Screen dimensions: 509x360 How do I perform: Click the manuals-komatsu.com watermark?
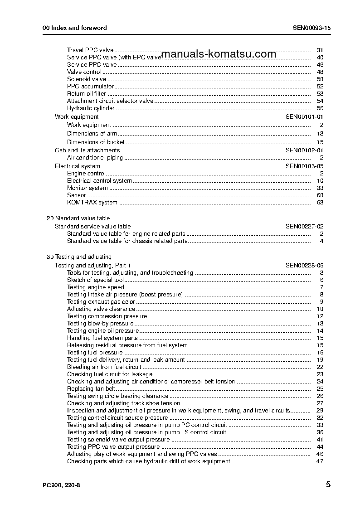(x=219, y=54)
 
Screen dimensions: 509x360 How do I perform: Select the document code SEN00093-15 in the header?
(x=311, y=28)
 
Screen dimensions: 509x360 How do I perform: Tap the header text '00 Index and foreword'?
(x=75, y=28)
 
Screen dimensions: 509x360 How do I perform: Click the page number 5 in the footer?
(x=328, y=485)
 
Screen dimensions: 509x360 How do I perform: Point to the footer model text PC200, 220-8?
(x=62, y=485)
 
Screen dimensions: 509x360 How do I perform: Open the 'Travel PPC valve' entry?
(x=90, y=50)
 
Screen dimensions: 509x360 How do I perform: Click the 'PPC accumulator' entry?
(x=90, y=87)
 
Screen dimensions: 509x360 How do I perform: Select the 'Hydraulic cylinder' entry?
(x=91, y=108)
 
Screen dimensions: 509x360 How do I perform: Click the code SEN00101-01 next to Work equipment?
(x=304, y=117)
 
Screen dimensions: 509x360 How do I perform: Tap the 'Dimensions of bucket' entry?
(x=92, y=142)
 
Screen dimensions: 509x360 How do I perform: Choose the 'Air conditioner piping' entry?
(x=95, y=158)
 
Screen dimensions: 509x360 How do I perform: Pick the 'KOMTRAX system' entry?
(x=92, y=203)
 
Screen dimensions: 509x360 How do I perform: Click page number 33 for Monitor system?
(x=320, y=188)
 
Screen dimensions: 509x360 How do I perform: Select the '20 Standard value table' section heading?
(x=78, y=218)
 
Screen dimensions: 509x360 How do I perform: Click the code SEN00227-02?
(x=304, y=227)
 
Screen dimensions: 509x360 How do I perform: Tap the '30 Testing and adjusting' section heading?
(x=79, y=257)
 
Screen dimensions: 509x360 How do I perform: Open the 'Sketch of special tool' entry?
(x=95, y=280)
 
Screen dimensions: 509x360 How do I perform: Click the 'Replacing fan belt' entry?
(x=91, y=389)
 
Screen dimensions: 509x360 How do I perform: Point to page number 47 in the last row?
(x=320, y=461)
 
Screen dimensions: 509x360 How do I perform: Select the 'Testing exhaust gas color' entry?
(x=101, y=302)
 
